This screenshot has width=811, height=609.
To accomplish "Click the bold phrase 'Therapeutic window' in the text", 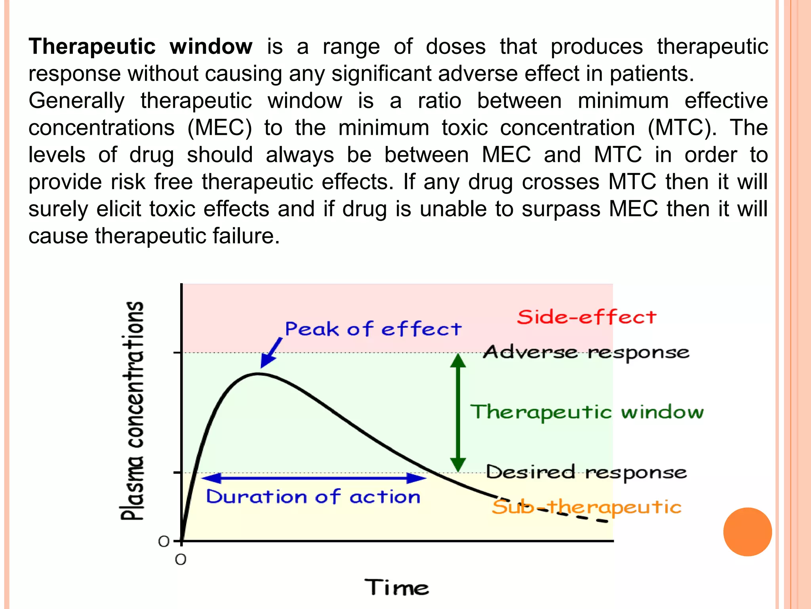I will tap(140, 47).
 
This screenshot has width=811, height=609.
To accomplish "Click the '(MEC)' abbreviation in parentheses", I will tap(219, 128).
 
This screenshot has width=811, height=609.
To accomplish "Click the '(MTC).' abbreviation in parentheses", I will tap(682, 128).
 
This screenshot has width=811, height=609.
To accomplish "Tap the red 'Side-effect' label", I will tap(586, 317).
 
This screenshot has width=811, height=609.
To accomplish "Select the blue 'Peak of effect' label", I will tap(373, 329).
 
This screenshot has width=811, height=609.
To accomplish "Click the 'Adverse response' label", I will tap(586, 352).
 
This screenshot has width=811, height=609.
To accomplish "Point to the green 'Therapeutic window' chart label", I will tap(587, 412).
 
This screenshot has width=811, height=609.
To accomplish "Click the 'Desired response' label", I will tap(586, 472).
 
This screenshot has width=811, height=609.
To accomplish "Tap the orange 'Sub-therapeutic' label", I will tap(586, 507).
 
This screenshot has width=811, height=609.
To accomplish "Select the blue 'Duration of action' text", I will tap(313, 497).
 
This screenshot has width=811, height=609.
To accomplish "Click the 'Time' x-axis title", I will tap(396, 587).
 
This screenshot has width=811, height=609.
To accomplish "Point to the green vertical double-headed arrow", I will tap(458, 412).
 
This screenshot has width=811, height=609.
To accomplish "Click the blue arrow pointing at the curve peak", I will tap(272, 352).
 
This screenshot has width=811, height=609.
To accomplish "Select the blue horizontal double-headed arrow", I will tap(314, 478).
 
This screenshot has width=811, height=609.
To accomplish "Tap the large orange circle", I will tap(747, 532).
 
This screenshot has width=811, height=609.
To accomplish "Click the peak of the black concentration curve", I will tap(258, 374).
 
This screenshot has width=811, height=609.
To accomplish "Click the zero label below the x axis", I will tap(181, 560).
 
